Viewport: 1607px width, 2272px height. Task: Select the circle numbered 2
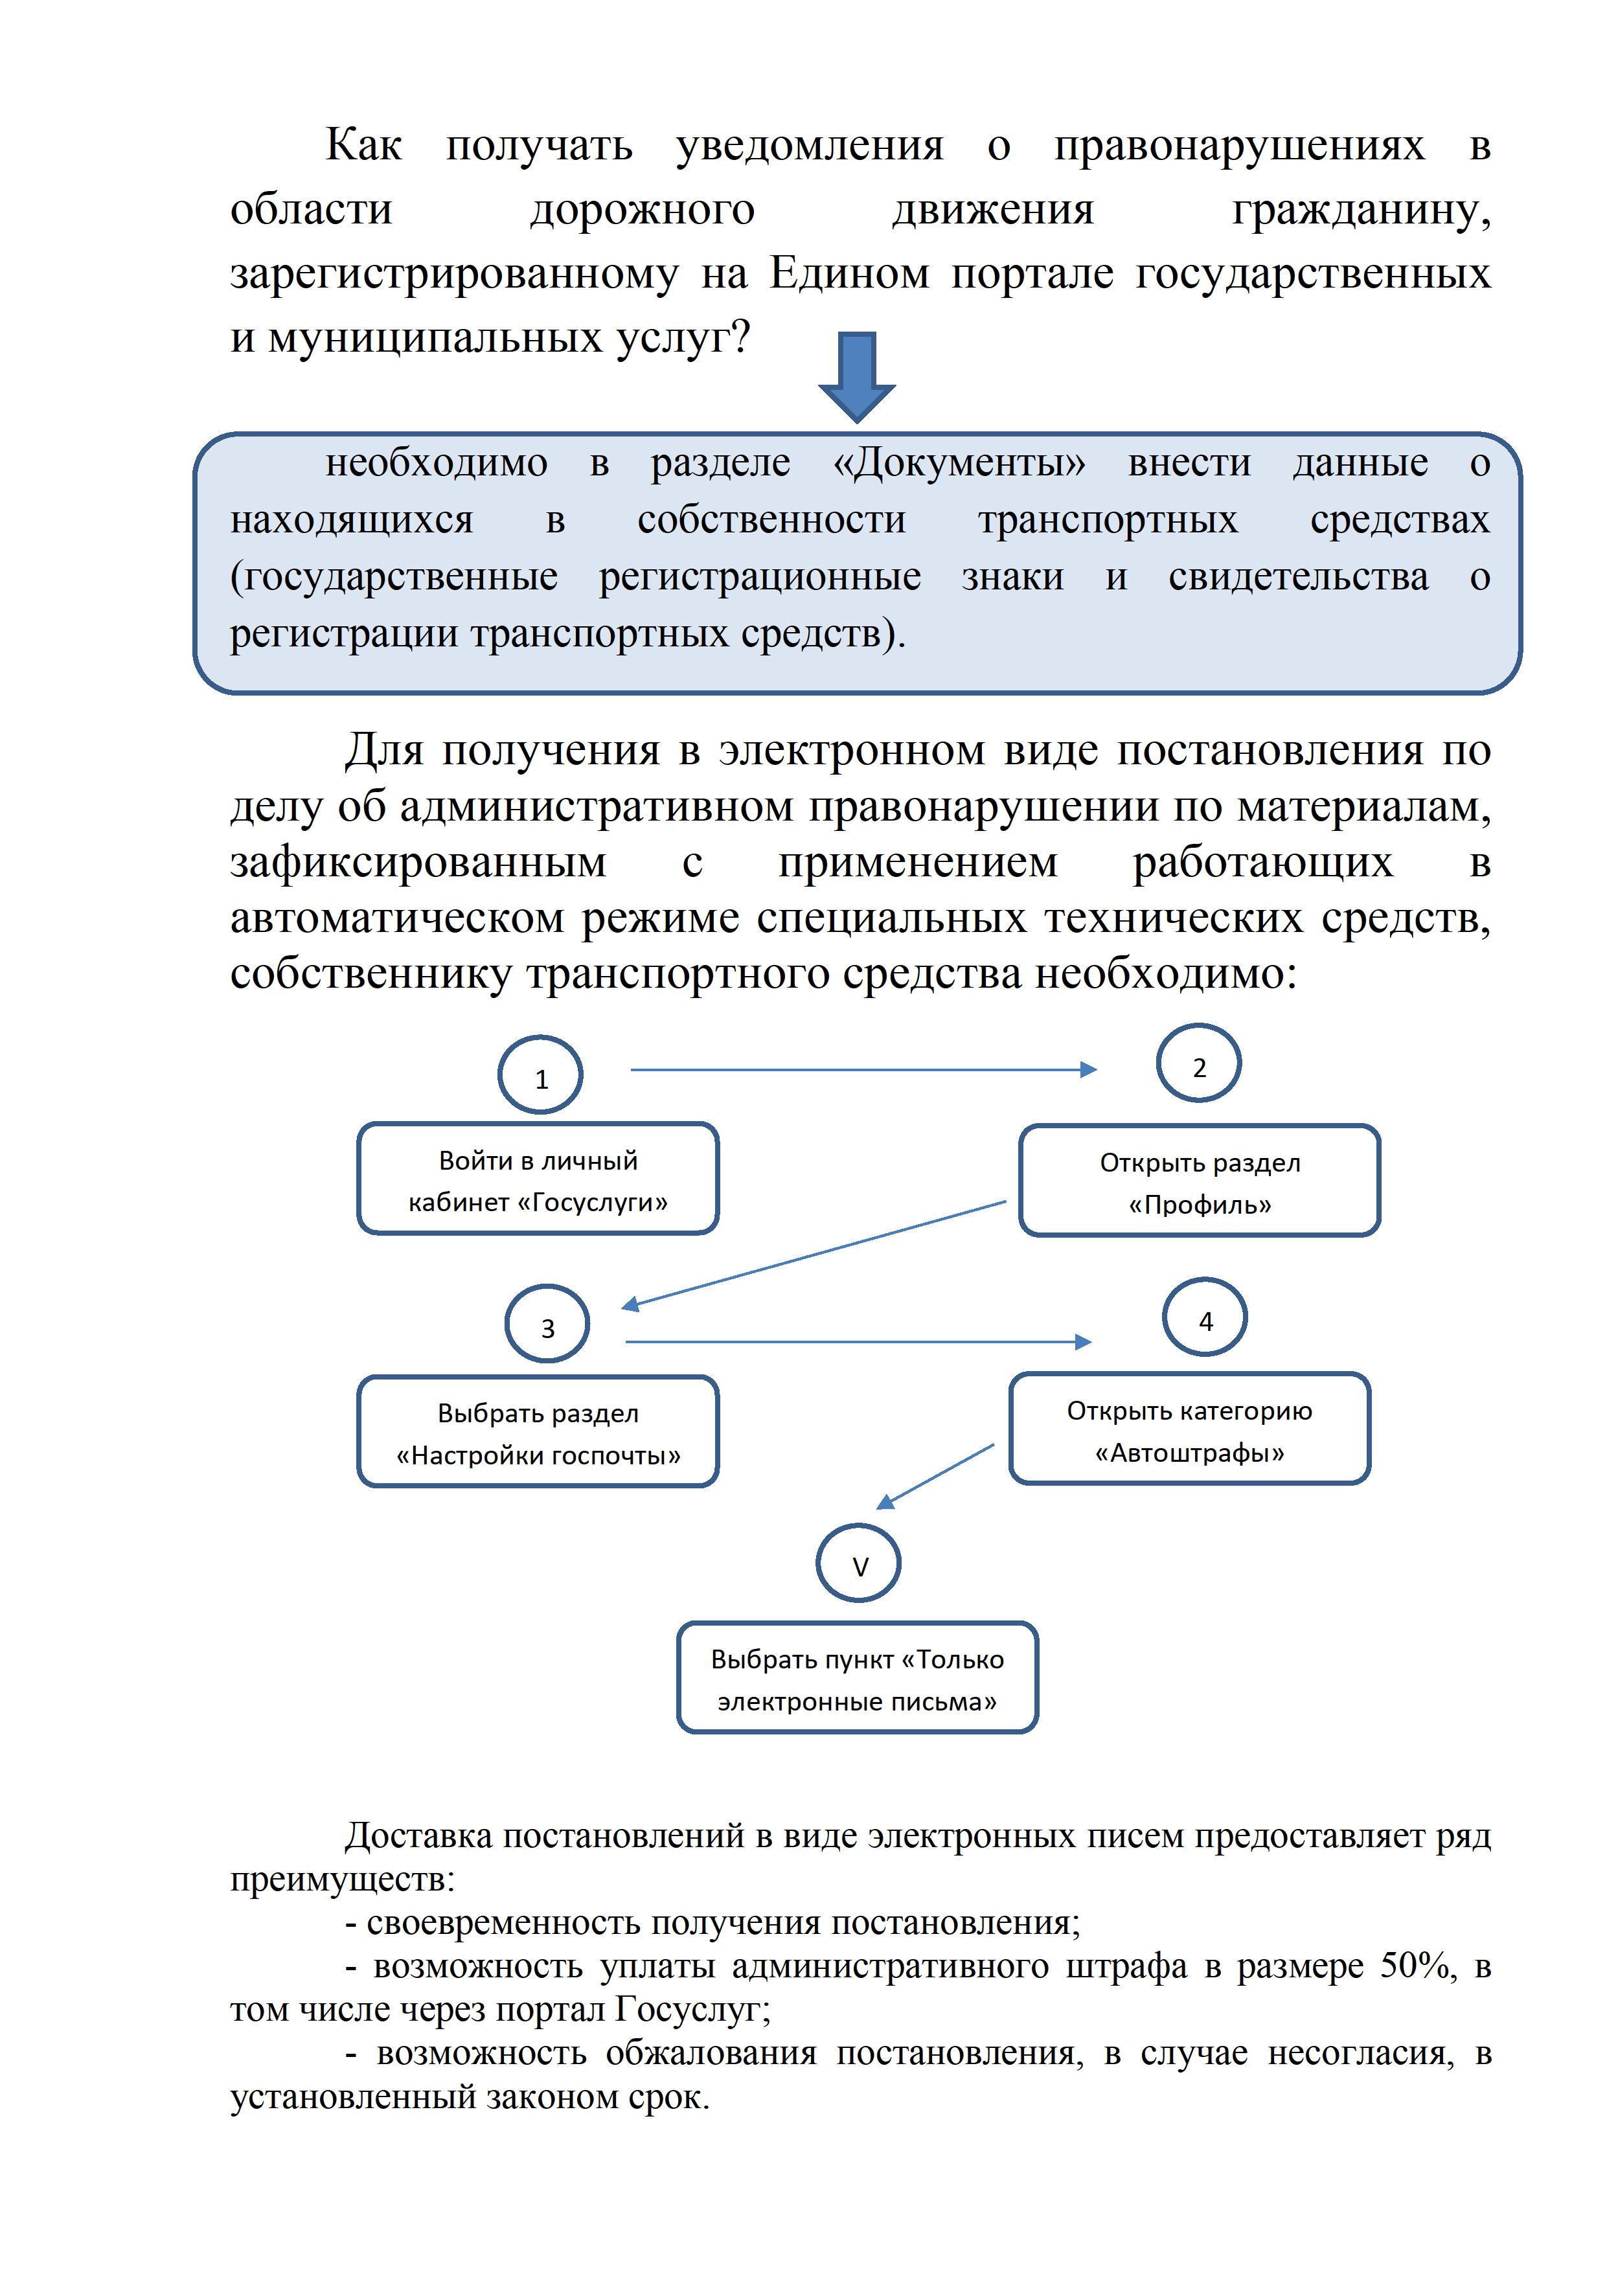[x=1198, y=1065]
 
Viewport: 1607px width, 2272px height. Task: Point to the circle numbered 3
[x=547, y=1326]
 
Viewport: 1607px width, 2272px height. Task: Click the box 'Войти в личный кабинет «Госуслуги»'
[x=538, y=1179]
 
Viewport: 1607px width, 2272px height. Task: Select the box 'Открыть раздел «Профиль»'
[x=1200, y=1181]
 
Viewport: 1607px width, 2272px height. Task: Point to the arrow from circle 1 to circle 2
[x=864, y=1070]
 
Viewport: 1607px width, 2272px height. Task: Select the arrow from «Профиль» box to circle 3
[x=814, y=1255]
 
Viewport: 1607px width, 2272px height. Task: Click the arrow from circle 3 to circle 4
[x=858, y=1342]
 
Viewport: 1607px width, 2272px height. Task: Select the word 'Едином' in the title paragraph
[x=850, y=273]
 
